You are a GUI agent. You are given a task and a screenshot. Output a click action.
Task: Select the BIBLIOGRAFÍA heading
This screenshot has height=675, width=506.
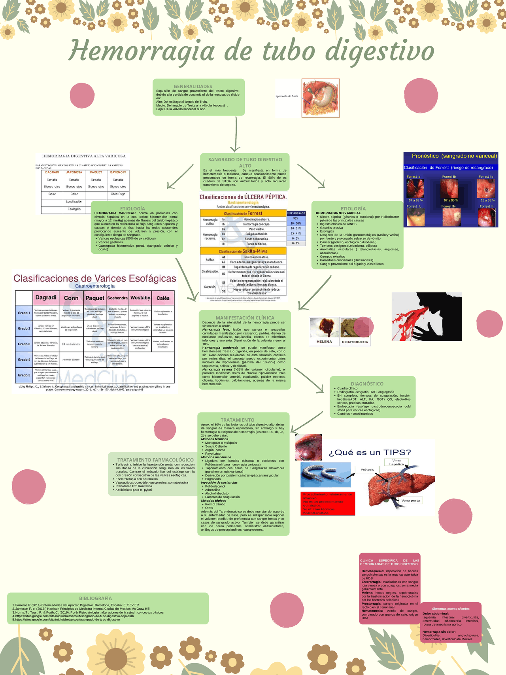(x=95, y=598)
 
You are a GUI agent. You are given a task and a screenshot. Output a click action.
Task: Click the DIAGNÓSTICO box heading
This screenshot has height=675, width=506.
(x=367, y=384)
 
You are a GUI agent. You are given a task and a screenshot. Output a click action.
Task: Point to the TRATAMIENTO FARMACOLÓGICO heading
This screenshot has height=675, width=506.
(x=155, y=460)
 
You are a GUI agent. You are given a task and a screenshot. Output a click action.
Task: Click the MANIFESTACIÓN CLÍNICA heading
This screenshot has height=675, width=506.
(x=245, y=318)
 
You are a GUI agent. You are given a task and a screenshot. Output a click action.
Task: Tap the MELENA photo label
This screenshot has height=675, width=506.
(x=324, y=342)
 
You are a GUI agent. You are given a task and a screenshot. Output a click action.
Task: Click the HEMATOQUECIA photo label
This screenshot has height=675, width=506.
(x=355, y=342)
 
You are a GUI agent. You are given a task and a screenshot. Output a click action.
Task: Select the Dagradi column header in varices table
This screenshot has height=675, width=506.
(x=46, y=298)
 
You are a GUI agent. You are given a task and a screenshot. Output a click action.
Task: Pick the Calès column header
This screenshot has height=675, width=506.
(x=163, y=298)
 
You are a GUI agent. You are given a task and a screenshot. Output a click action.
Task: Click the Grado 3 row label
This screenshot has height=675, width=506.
(x=24, y=344)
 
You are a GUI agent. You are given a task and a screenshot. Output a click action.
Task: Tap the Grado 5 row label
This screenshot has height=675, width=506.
(x=24, y=375)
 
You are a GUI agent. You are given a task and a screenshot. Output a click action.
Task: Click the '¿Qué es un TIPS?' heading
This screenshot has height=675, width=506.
(x=370, y=452)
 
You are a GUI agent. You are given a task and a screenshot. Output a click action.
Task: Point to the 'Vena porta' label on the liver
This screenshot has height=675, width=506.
(x=411, y=501)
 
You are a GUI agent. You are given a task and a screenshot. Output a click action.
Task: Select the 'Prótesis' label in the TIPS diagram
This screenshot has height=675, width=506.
(x=367, y=470)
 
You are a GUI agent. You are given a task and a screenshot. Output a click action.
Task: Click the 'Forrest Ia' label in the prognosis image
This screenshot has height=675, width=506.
(x=413, y=177)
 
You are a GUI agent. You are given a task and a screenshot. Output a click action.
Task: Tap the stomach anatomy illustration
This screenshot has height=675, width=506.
(x=321, y=98)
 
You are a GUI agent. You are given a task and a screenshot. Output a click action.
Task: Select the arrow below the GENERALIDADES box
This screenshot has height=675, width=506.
(x=236, y=134)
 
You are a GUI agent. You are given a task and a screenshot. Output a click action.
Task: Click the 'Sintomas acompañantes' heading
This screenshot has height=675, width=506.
(x=451, y=609)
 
